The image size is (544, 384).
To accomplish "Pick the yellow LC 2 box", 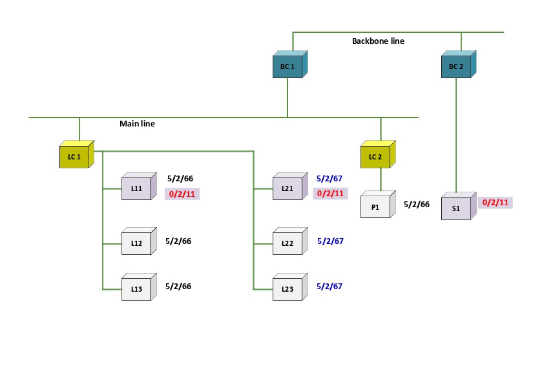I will [375, 157].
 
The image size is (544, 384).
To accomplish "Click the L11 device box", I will [136, 188].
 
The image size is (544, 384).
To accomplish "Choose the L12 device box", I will [136, 243].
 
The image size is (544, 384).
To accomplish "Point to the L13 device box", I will [136, 289].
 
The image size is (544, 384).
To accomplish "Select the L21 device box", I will [288, 188].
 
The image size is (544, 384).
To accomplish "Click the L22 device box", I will [288, 243].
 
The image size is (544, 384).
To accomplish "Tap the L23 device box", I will [288, 289].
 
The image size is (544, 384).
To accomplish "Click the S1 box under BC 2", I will [456, 208].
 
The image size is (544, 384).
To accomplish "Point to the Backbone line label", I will [378, 41].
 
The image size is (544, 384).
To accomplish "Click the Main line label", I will [137, 123].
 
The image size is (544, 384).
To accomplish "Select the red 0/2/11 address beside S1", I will [496, 203].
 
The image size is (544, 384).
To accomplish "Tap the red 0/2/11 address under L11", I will [182, 194].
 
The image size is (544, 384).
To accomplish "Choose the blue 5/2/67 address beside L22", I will [330, 241].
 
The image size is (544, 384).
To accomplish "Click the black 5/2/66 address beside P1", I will [417, 205].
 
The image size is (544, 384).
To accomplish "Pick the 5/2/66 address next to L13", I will [179, 286].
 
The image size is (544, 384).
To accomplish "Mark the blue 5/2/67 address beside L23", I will [330, 286].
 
